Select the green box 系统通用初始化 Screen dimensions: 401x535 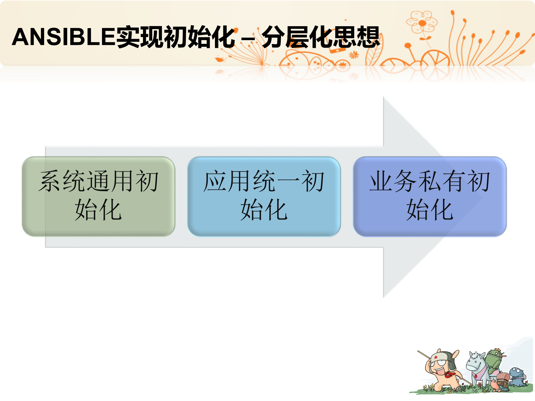pos(98,196)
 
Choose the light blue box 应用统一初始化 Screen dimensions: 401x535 pos(264,196)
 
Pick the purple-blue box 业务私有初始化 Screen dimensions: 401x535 pos(429,196)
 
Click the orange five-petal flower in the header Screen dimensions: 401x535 pos(422,22)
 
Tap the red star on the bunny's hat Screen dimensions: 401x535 pos(436,357)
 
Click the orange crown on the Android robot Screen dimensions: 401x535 pos(497,350)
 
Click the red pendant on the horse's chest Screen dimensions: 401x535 pos(476,376)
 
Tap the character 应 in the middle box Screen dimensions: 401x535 pos(215,181)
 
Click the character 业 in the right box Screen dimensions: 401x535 pos(381,181)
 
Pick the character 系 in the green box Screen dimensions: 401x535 pos(50,181)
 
